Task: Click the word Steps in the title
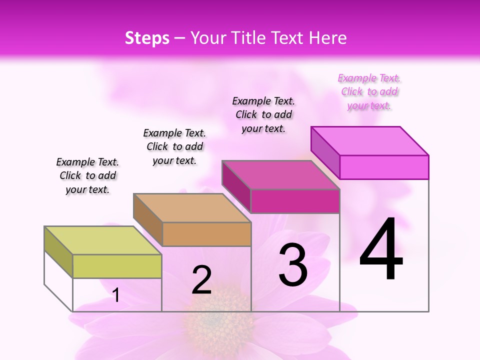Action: coord(147,38)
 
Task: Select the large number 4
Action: coord(381,250)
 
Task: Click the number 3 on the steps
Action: coord(293,265)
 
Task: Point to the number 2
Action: coord(201,280)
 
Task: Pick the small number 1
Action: coord(116,295)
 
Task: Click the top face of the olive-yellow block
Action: coord(102,240)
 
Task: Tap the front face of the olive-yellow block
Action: coord(117,266)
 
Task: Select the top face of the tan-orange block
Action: coord(191,207)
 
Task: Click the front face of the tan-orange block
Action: coord(206,234)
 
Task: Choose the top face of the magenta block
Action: coord(280,175)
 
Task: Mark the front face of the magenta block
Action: coord(295,201)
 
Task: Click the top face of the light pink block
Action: coord(369,140)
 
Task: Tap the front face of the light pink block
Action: coord(384,167)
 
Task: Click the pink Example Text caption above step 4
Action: coord(369,91)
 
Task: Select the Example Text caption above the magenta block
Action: coord(263,114)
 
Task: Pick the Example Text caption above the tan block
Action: coord(174,146)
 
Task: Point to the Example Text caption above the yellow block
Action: coord(87,175)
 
